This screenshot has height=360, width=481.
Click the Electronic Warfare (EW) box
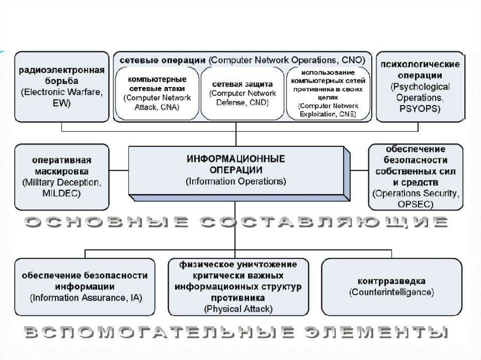(x=62, y=87)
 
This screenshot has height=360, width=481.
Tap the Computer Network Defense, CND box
(x=242, y=93)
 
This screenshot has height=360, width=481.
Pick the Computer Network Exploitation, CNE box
(x=328, y=93)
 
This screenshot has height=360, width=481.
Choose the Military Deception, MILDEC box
(x=62, y=176)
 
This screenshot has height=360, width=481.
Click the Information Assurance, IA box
(x=85, y=286)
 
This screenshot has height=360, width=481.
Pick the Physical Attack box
(x=238, y=286)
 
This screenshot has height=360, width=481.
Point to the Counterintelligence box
(x=391, y=286)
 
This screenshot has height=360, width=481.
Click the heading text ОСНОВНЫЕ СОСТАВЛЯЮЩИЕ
(x=236, y=222)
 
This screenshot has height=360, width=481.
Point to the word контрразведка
(x=391, y=281)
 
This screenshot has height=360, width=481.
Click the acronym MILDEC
(x=62, y=192)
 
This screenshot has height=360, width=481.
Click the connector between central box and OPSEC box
(x=359, y=169)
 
